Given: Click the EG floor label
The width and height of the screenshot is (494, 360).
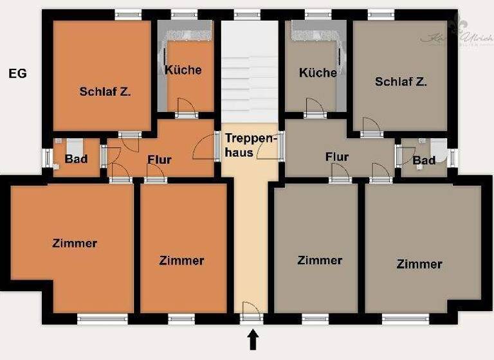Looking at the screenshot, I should [17, 73].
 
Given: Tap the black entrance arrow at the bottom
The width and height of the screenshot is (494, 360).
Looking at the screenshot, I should [253, 339].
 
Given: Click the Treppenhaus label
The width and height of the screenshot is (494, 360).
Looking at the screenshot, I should [250, 145].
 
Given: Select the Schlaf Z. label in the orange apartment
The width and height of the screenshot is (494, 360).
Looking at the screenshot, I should [105, 91].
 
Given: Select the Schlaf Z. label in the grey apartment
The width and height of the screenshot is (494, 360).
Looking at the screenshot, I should [401, 82].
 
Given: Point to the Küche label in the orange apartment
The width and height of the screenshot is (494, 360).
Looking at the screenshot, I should [183, 69].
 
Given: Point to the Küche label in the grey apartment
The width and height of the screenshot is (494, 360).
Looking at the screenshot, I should [318, 72].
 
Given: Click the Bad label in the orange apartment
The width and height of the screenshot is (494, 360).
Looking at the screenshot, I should [76, 158].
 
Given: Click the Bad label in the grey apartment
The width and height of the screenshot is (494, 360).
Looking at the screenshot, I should [424, 159].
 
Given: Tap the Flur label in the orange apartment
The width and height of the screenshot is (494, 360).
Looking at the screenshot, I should [159, 159].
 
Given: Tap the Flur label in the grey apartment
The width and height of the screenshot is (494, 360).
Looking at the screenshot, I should [337, 156].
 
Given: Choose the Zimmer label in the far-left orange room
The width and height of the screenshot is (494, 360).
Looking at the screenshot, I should [75, 243].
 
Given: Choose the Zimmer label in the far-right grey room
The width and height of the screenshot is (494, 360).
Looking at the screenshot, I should [419, 264].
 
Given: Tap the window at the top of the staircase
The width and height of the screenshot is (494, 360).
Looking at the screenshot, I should [247, 14].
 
